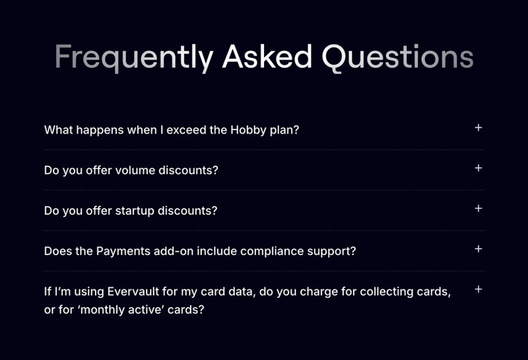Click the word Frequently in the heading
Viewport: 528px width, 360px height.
[133, 57]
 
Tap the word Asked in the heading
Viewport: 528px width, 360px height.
[267, 57]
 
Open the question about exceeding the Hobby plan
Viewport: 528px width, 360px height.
[172, 129]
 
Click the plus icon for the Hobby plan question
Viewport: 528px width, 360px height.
[478, 127]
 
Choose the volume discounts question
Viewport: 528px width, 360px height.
[131, 170]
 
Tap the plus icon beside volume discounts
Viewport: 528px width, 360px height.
[478, 168]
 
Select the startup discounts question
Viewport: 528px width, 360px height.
[130, 211]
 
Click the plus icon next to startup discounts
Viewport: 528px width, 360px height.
[478, 208]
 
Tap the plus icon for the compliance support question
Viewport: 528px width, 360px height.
[478, 249]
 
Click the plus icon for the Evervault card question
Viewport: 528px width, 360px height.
[478, 289]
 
